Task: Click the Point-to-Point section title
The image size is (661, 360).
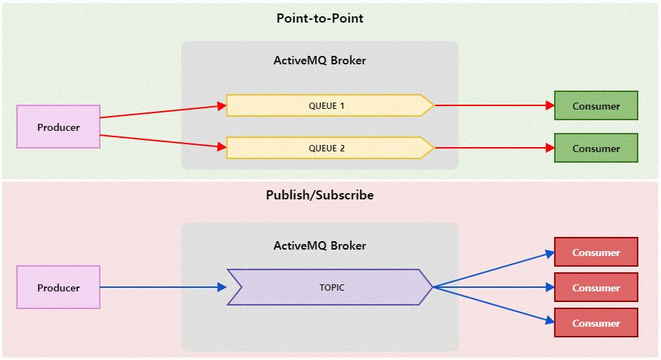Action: pyautogui.click(x=320, y=18)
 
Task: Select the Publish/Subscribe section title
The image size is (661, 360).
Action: pyautogui.click(x=320, y=194)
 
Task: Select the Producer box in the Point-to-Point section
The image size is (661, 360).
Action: pyautogui.click(x=58, y=127)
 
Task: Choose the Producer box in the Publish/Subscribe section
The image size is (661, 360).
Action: pyautogui.click(x=58, y=287)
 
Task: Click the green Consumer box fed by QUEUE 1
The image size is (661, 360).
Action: pyautogui.click(x=596, y=106)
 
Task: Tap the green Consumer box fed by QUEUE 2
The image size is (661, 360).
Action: pyautogui.click(x=596, y=149)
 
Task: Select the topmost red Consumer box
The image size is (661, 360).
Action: pyautogui.click(x=596, y=252)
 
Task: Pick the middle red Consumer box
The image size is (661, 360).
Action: pyautogui.click(x=596, y=288)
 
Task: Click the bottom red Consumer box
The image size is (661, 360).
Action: pyautogui.click(x=596, y=323)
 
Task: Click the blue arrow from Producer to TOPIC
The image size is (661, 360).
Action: pyautogui.click(x=163, y=287)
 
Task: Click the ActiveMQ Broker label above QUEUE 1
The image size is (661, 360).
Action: pyautogui.click(x=320, y=61)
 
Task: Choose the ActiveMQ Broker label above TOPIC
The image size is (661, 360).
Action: pyautogui.click(x=320, y=246)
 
